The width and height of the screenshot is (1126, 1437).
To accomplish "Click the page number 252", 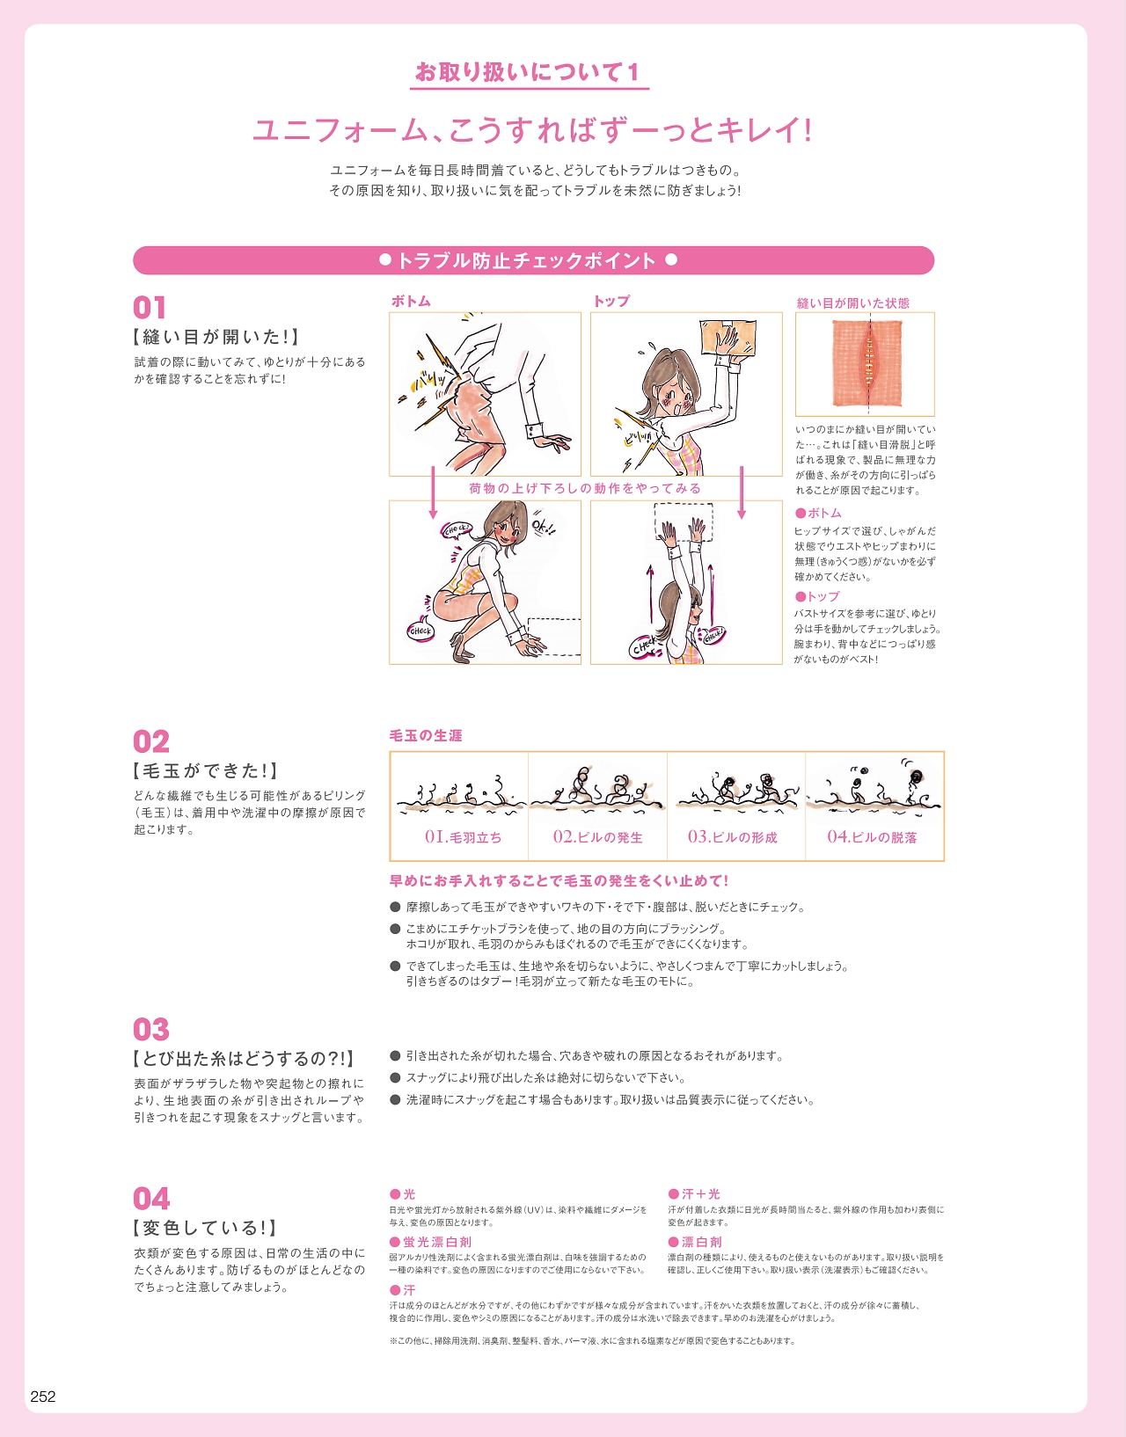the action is [x=43, y=1396].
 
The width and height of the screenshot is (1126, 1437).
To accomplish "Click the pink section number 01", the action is [x=150, y=308].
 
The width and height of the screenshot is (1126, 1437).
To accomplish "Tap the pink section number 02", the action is [x=151, y=741].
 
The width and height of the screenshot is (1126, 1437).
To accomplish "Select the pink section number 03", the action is [x=151, y=1029].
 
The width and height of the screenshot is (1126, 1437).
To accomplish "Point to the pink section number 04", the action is [x=151, y=1199].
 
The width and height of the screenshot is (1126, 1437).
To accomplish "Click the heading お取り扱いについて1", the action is [x=528, y=71].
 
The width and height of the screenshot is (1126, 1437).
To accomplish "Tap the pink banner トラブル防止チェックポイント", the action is [x=534, y=260].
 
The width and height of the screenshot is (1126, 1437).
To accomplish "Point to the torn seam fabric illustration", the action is [x=866, y=363].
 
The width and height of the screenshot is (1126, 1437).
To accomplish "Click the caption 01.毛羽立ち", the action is [x=463, y=837].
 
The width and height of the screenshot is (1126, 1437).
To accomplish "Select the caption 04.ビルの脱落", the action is [x=872, y=837].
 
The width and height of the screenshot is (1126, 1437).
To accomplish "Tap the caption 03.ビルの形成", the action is [x=733, y=837].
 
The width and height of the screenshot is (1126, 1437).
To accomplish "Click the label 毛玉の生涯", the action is [x=426, y=735].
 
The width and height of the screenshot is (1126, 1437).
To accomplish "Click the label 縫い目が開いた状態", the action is [x=853, y=303].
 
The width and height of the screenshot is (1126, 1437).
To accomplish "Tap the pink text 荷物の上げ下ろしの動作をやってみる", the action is [x=585, y=488].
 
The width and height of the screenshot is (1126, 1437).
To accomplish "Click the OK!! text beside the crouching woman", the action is [x=545, y=526].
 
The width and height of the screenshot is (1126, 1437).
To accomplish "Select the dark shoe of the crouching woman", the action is [x=462, y=648].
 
